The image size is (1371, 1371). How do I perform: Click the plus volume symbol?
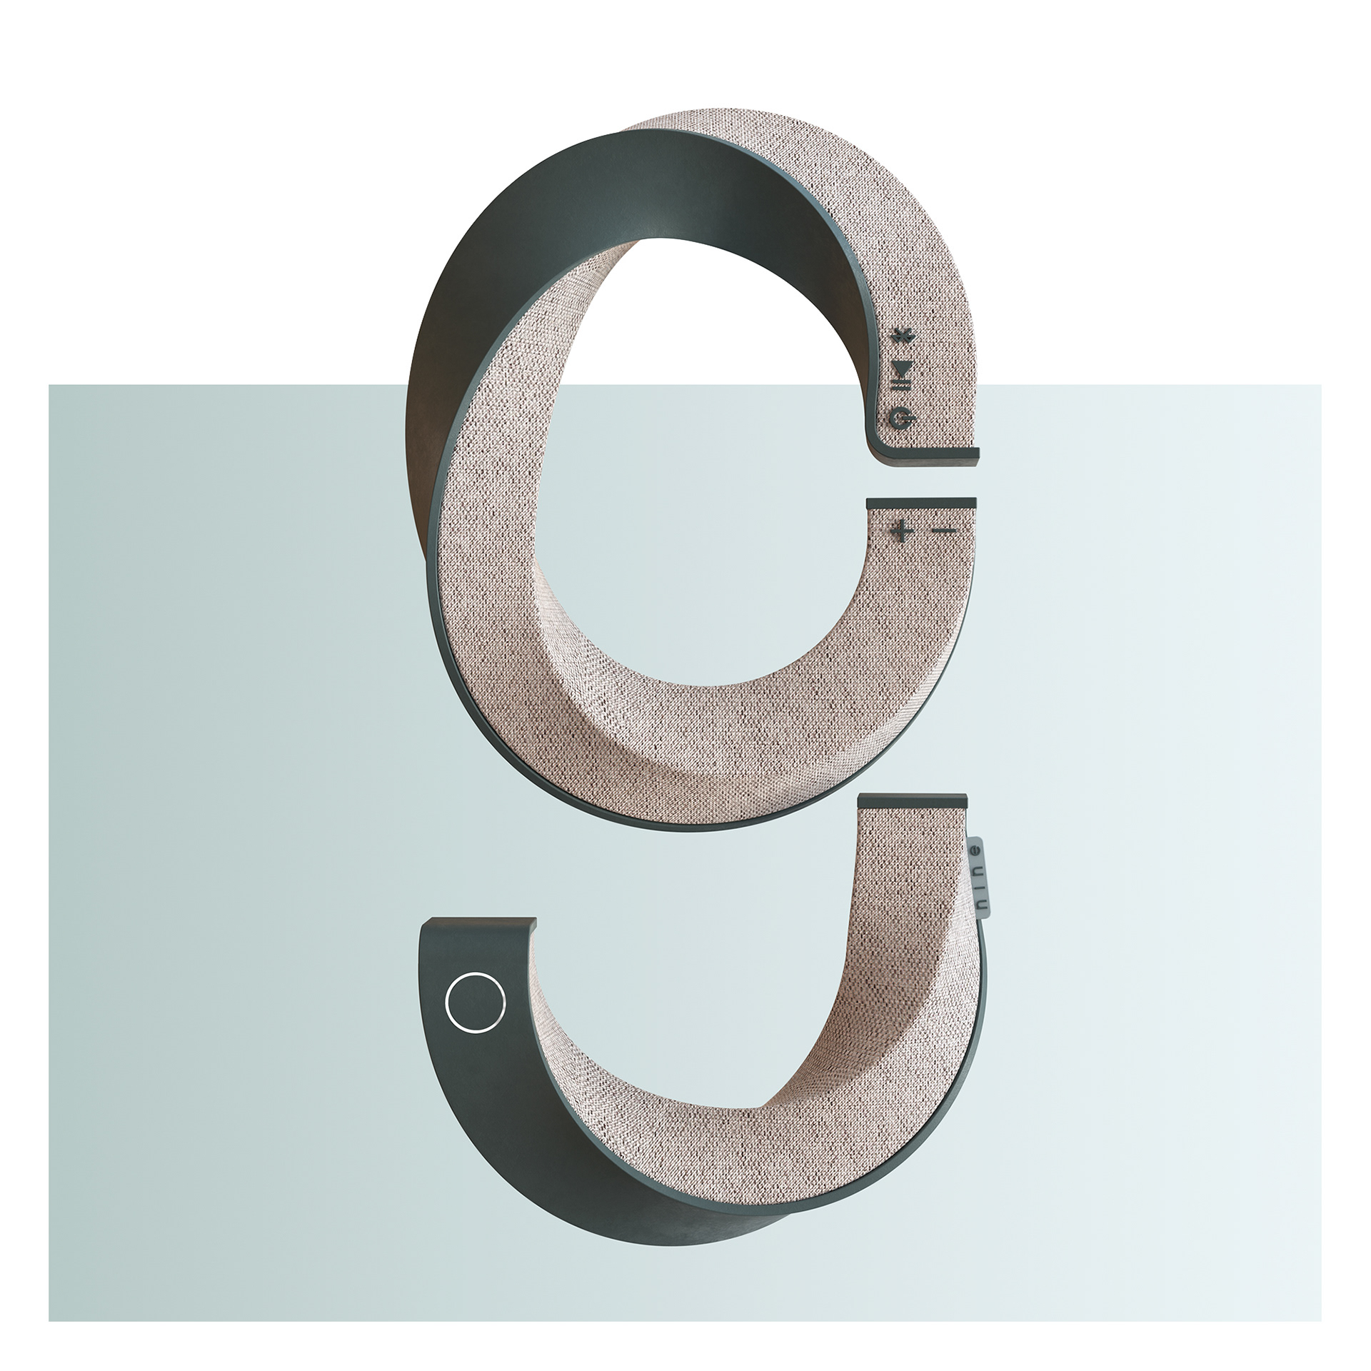[x=902, y=531]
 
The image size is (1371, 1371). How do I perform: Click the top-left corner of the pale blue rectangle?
[x=49, y=386]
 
